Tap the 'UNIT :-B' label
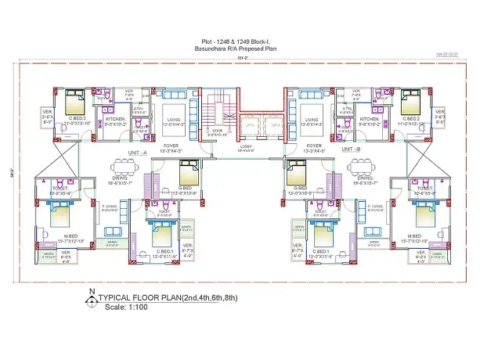(x=351, y=149)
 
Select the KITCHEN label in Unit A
(x=114, y=118)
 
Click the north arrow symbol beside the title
(x=93, y=298)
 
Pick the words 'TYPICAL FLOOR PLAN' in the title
(x=139, y=298)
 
